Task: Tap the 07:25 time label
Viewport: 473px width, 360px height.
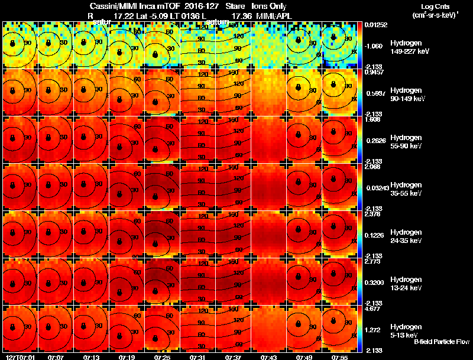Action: (161, 357)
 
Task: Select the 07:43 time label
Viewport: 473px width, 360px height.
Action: (268, 357)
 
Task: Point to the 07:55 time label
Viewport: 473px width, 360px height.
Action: (339, 357)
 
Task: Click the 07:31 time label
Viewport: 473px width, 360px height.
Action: (197, 357)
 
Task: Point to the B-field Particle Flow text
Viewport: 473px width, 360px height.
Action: (441, 342)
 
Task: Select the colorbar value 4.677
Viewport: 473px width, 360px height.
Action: (372, 308)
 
